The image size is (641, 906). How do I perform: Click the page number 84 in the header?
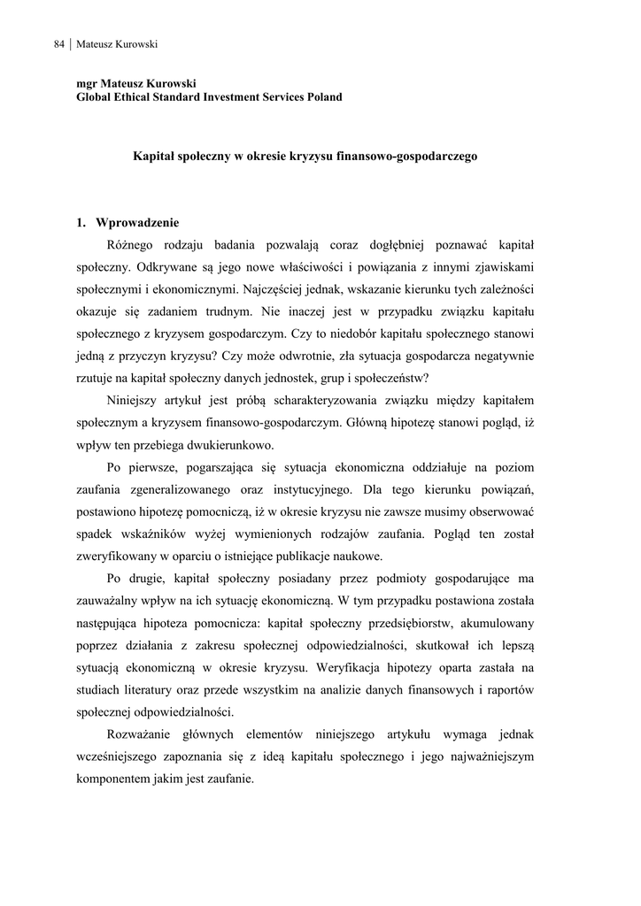click(59, 44)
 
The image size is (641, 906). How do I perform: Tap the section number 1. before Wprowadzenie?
click(81, 222)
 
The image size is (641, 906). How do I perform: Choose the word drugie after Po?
click(155, 579)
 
